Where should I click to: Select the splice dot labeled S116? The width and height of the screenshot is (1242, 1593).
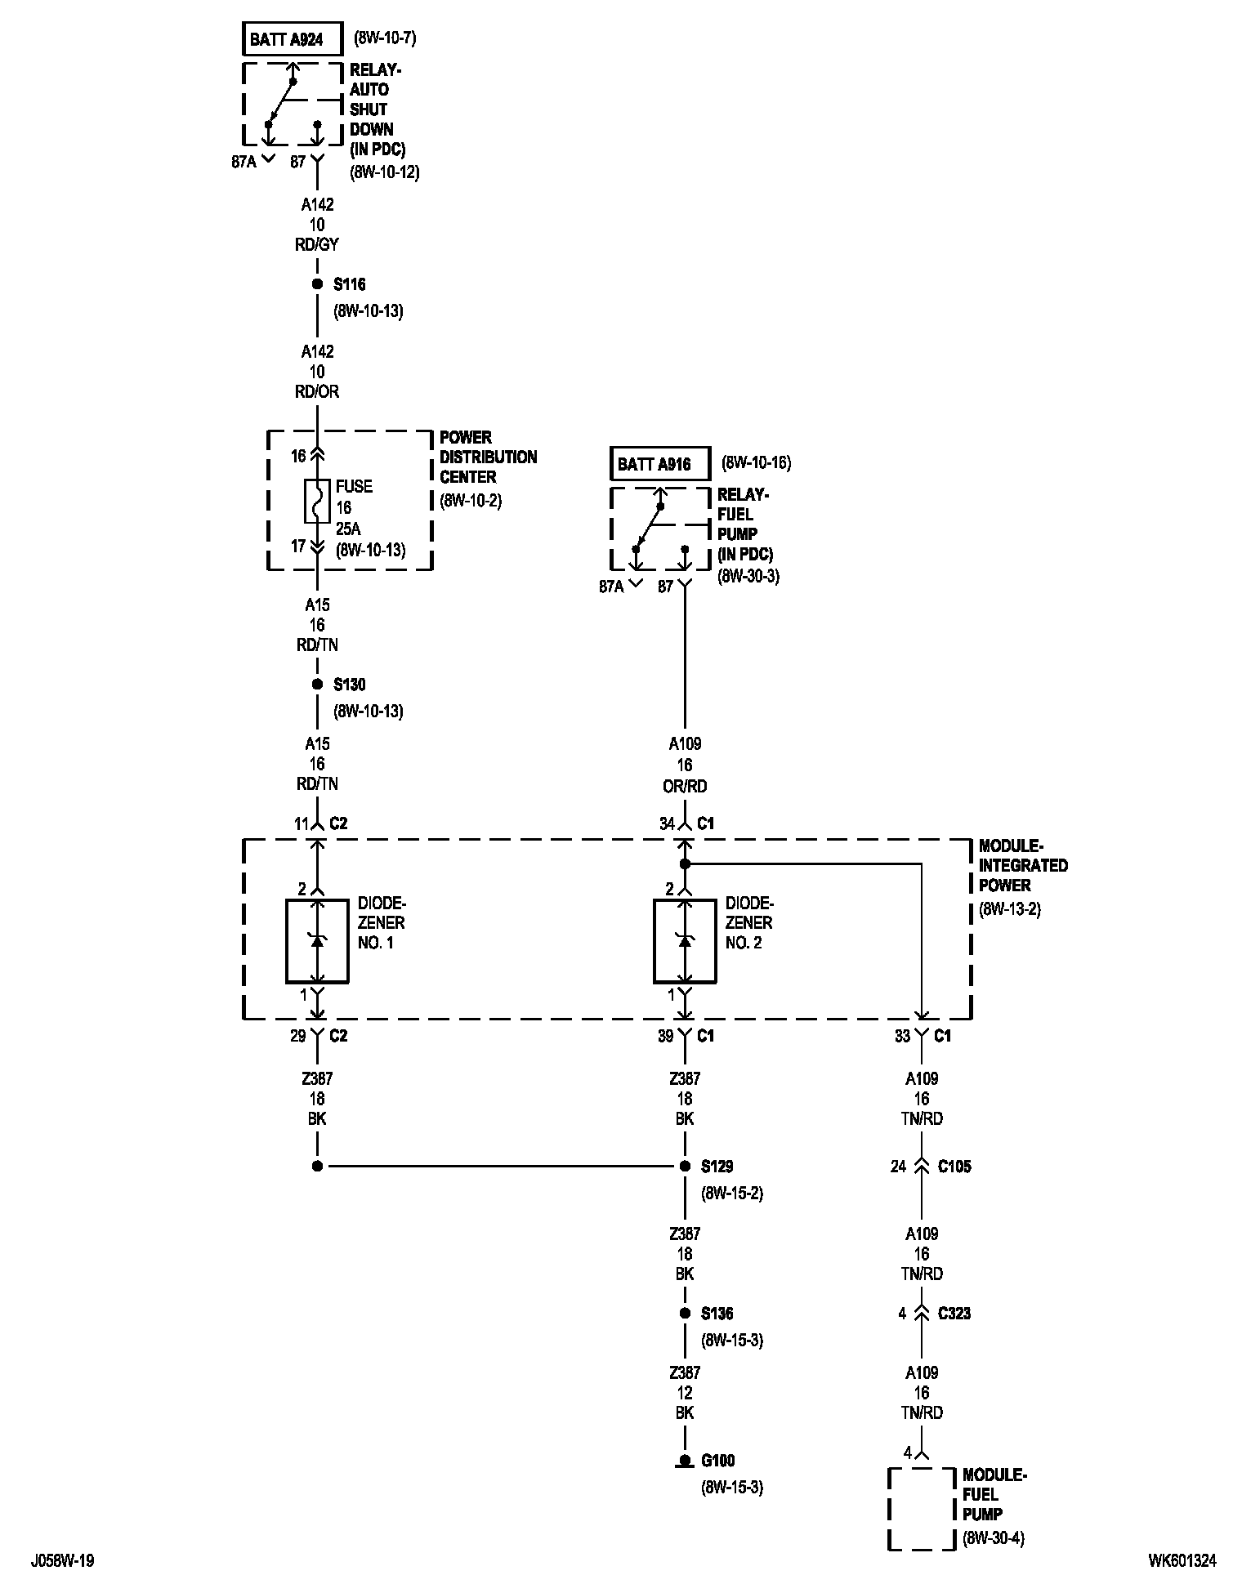pyautogui.click(x=317, y=284)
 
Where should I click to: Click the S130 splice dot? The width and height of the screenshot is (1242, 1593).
pyautogui.click(x=317, y=685)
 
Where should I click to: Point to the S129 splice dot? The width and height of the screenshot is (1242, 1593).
pyautogui.click(x=685, y=1167)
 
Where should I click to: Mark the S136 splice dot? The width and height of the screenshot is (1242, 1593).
pyautogui.click(x=685, y=1314)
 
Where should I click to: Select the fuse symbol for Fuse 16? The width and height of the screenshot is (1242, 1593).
pyautogui.click(x=317, y=501)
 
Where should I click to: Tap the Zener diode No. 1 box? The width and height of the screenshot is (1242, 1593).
pyautogui.click(x=317, y=941)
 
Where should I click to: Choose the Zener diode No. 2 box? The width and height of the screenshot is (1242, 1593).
pyautogui.click(x=685, y=941)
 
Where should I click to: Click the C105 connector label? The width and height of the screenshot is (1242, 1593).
pyautogui.click(x=954, y=1167)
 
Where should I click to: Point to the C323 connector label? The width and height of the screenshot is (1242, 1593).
pyautogui.click(x=954, y=1314)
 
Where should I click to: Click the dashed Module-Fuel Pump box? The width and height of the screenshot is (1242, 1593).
pyautogui.click(x=922, y=1508)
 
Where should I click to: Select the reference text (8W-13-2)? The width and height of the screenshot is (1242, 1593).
pyautogui.click(x=1010, y=909)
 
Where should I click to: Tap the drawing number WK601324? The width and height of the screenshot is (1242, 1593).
pyautogui.click(x=1182, y=1561)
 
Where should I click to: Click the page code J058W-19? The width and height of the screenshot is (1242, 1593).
pyautogui.click(x=63, y=1561)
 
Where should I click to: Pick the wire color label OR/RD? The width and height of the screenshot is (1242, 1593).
pyautogui.click(x=685, y=786)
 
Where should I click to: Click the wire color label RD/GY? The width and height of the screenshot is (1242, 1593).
pyautogui.click(x=317, y=244)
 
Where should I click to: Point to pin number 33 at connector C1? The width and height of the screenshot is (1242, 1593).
pyautogui.click(x=902, y=1036)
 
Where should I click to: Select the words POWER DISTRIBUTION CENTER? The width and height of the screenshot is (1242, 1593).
pyautogui.click(x=488, y=457)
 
